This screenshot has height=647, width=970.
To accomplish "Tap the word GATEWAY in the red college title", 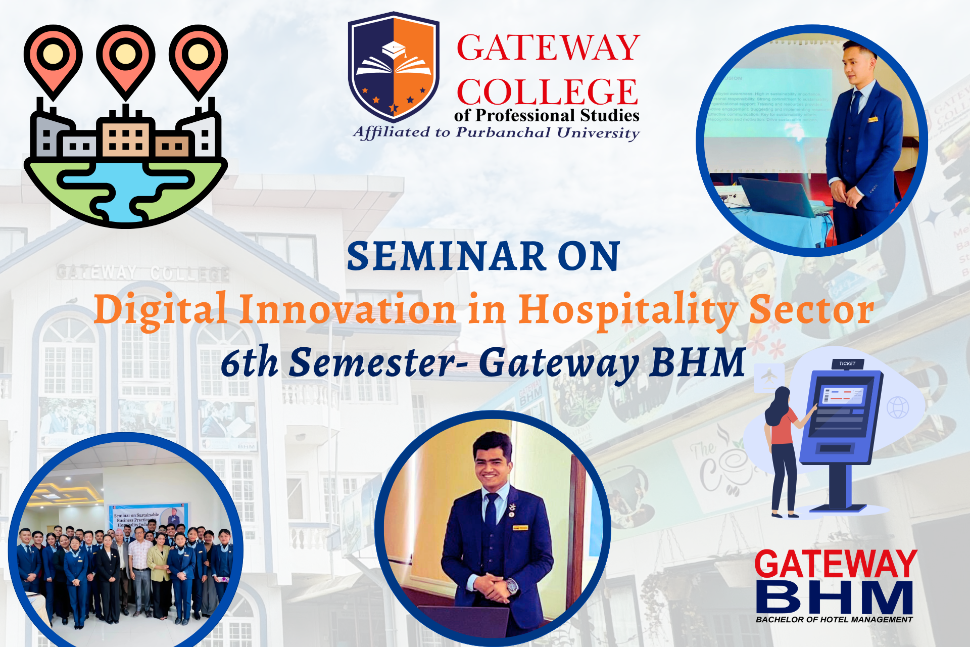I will pos(548,48).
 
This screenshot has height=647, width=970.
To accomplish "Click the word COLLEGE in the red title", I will pos(547,92).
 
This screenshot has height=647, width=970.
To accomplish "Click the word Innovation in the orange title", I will pos(348,309).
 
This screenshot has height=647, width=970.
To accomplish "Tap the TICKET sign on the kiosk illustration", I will pos(847,363).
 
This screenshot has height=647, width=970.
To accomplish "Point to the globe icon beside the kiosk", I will pos(897,407).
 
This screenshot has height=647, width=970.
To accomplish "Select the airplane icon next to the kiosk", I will pos(768,376).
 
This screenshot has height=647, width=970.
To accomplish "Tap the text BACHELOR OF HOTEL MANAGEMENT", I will pos(834,620).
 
